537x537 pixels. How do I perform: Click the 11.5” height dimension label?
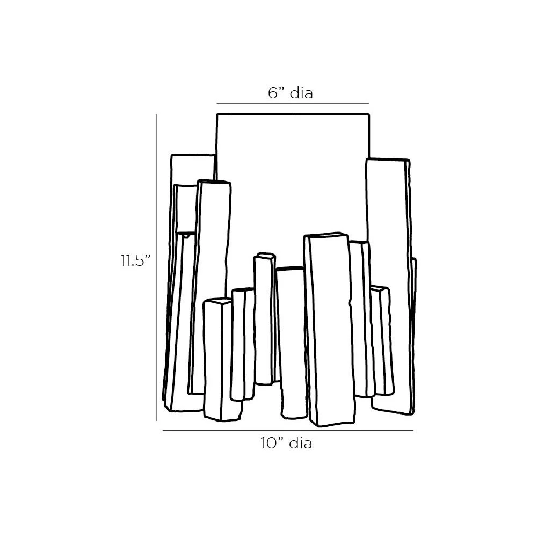tap(135, 260)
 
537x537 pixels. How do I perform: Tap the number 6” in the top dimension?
tap(277, 93)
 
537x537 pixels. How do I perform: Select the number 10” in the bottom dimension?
tap(272, 443)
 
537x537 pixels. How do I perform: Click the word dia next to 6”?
tap(301, 93)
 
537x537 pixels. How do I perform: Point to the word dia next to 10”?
tap(301, 443)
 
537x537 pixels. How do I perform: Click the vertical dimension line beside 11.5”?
tap(156, 267)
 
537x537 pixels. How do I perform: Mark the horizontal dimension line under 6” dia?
tap(293, 103)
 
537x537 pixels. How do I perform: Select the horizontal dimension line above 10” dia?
tap(288, 430)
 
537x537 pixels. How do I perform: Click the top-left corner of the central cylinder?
tap(217, 114)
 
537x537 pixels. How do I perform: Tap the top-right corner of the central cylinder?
tap(369, 114)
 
